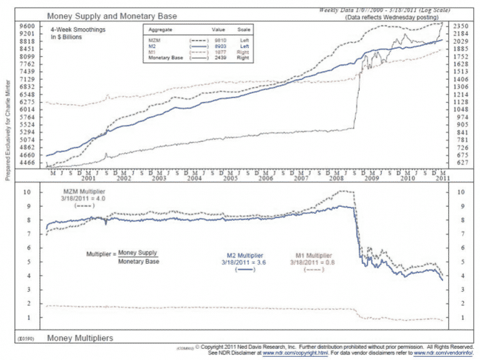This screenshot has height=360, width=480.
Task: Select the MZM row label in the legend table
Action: click(x=153, y=39)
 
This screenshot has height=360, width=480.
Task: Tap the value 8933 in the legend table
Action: click(x=218, y=45)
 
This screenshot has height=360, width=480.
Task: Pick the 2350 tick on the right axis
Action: click(x=461, y=26)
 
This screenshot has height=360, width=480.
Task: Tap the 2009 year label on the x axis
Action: click(x=372, y=178)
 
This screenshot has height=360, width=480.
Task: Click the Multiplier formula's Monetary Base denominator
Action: click(x=139, y=261)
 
